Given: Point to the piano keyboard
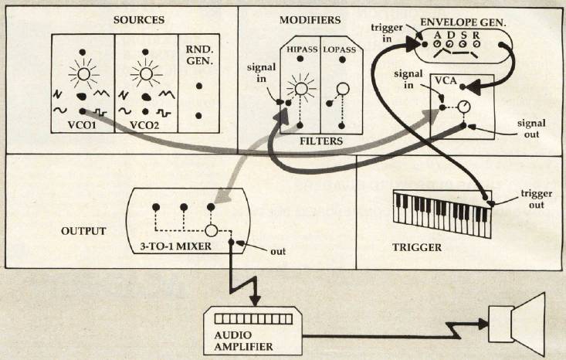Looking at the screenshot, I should click(440, 206).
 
